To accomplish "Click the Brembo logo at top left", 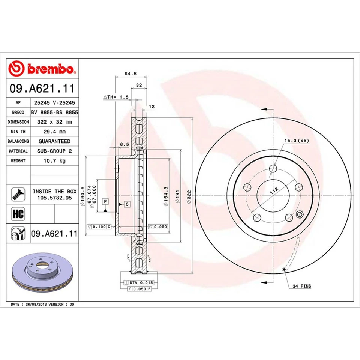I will point(42,69).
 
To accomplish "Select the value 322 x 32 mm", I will point(54,122).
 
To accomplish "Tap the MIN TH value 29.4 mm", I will point(54,132).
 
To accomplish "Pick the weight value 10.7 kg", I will point(54,160).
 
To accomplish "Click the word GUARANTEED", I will point(54,141).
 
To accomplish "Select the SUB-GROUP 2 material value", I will point(54,151).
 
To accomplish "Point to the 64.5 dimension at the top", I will point(130,73).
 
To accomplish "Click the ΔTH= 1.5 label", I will point(116,97).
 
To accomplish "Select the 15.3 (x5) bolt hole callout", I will point(296,141).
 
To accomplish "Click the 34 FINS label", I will point(302,286).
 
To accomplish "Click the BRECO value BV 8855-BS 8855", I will point(54,112).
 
